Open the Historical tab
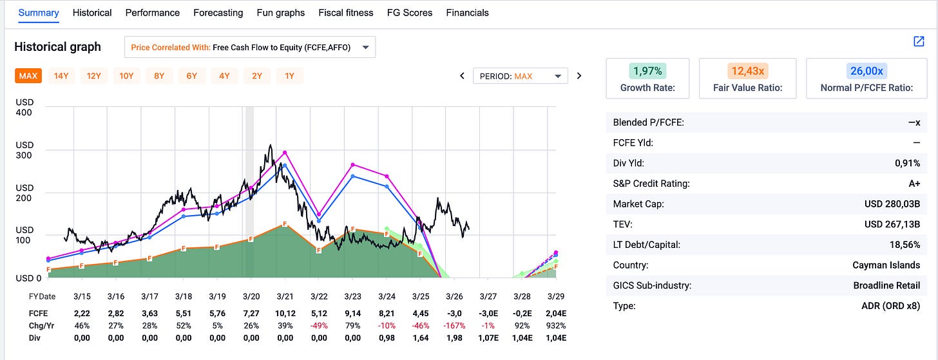pos(91,13)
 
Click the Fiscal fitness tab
pos(345,13)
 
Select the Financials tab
pos(467,13)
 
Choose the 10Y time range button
pos(126,76)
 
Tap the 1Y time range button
pos(289,76)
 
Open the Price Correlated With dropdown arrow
pos(365,47)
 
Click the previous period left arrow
pos(462,76)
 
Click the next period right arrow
pos(579,76)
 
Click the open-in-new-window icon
pos(919,41)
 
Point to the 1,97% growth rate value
pos(647,71)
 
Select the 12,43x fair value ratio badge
pos(747,71)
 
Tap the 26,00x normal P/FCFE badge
pos(866,71)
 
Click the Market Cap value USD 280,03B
pos(892,204)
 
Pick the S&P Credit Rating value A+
pos(914,184)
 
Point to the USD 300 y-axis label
pos(24,150)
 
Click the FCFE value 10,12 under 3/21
pos(285,313)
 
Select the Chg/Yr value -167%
pos(454,326)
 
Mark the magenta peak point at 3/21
pos(285,153)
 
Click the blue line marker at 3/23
pos(352,176)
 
